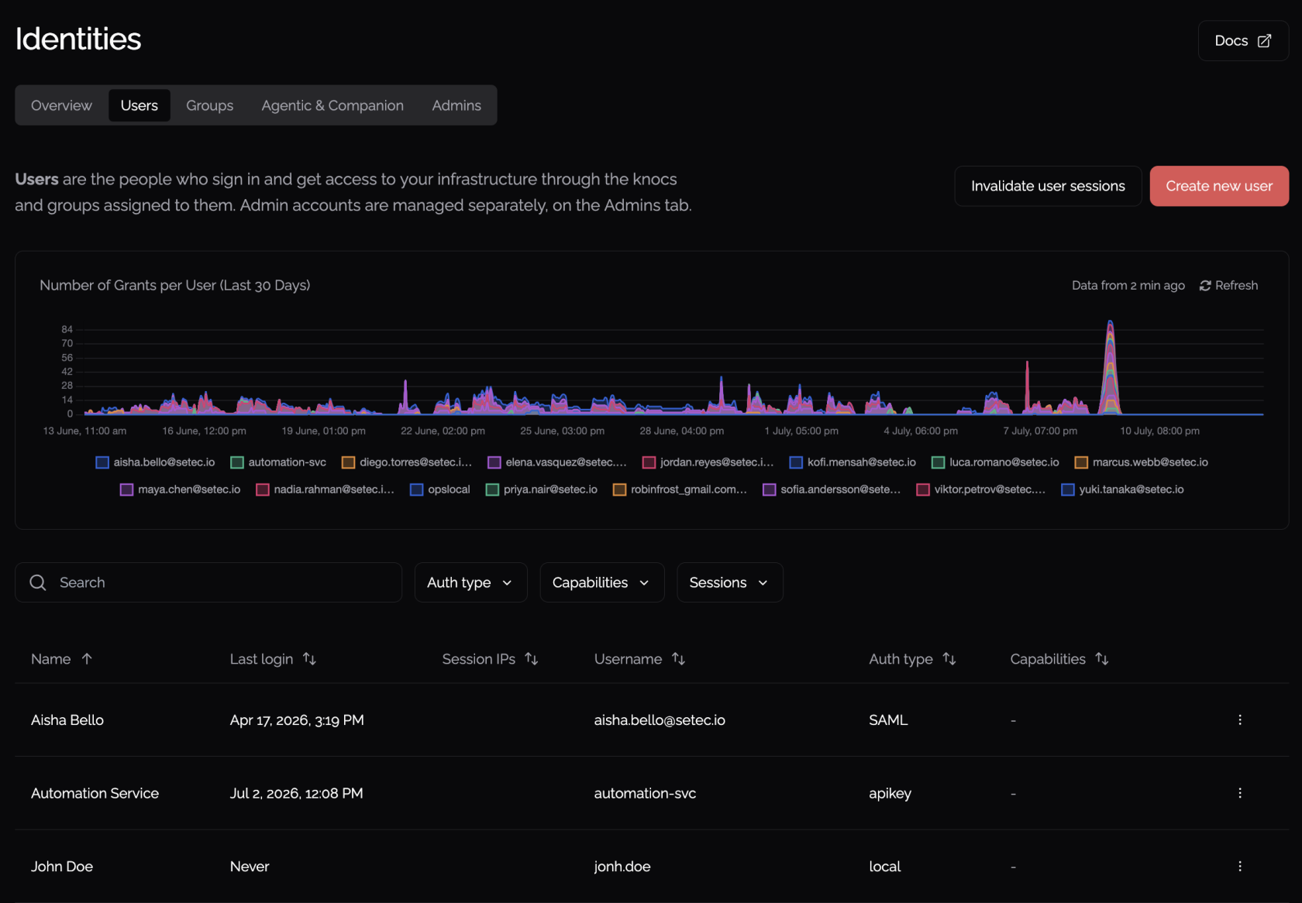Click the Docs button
click(1243, 40)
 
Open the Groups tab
click(209, 105)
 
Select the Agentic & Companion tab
click(332, 105)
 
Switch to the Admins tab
click(456, 105)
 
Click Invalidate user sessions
click(1048, 186)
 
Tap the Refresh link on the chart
click(1229, 285)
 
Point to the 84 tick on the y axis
click(67, 329)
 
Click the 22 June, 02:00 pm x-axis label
click(443, 431)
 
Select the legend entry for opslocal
click(440, 489)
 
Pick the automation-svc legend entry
click(277, 462)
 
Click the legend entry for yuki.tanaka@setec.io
click(1122, 489)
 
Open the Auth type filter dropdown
click(471, 582)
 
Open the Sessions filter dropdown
click(729, 582)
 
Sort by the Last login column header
click(273, 659)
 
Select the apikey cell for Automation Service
click(890, 793)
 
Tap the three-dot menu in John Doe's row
click(1240, 867)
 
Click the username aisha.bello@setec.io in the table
click(659, 720)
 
